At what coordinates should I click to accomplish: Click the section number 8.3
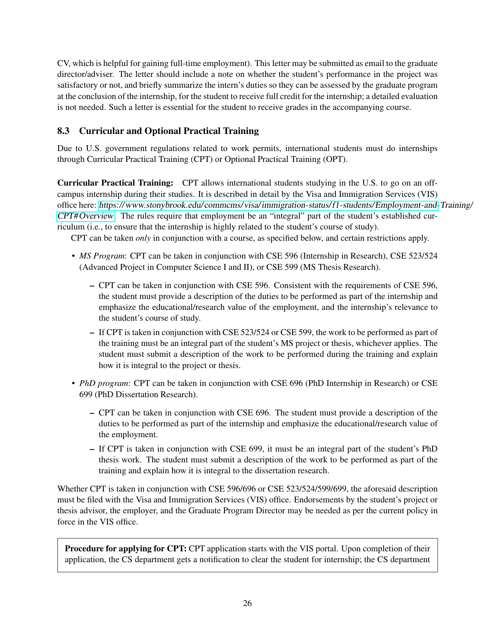coord(63,131)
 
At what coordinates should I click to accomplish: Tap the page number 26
coord(247,603)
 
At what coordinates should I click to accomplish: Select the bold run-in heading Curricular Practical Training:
coord(115,183)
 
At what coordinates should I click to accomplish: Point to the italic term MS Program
coord(102,256)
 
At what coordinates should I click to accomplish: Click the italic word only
coord(143,238)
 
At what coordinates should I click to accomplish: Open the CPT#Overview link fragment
coord(85,216)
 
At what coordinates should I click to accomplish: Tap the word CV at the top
coord(63,63)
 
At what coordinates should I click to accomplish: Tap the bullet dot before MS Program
coord(73,256)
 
